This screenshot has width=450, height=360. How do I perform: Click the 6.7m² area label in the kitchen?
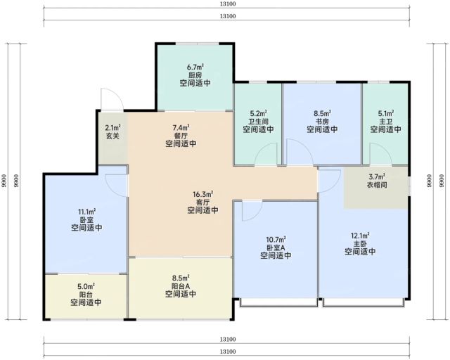[195, 67]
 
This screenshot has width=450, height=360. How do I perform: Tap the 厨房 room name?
[195, 75]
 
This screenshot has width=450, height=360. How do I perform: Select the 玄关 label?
[112, 136]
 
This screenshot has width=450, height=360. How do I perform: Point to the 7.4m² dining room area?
[181, 127]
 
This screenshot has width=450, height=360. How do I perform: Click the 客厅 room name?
[202, 202]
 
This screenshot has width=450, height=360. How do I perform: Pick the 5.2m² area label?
[258, 113]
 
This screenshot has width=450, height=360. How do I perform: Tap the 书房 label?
[322, 121]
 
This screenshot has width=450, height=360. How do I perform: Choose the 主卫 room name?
[385, 121]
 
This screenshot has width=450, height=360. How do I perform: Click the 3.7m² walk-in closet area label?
[377, 176]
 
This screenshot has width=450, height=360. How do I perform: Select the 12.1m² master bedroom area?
[360, 236]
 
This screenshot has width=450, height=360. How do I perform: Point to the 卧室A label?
[276, 247]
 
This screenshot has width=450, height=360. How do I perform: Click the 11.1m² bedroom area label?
[86, 212]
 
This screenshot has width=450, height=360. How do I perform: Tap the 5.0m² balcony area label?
[86, 286]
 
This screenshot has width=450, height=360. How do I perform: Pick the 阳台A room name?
[181, 286]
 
